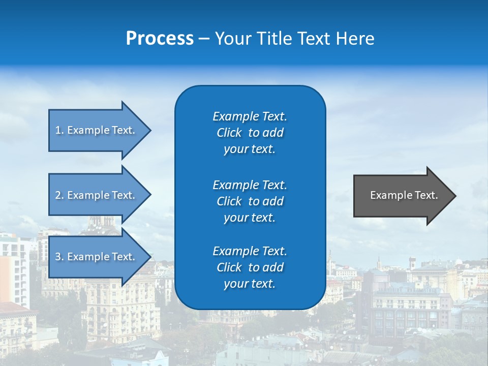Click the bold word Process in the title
coord(160,39)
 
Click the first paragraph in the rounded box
coord(250,133)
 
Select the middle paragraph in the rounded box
coord(250,201)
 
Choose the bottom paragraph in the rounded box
coord(250,267)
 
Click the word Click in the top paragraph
coord(229,133)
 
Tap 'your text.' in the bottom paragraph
coord(250,284)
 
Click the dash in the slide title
coord(204,39)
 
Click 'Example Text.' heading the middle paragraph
coord(250,185)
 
